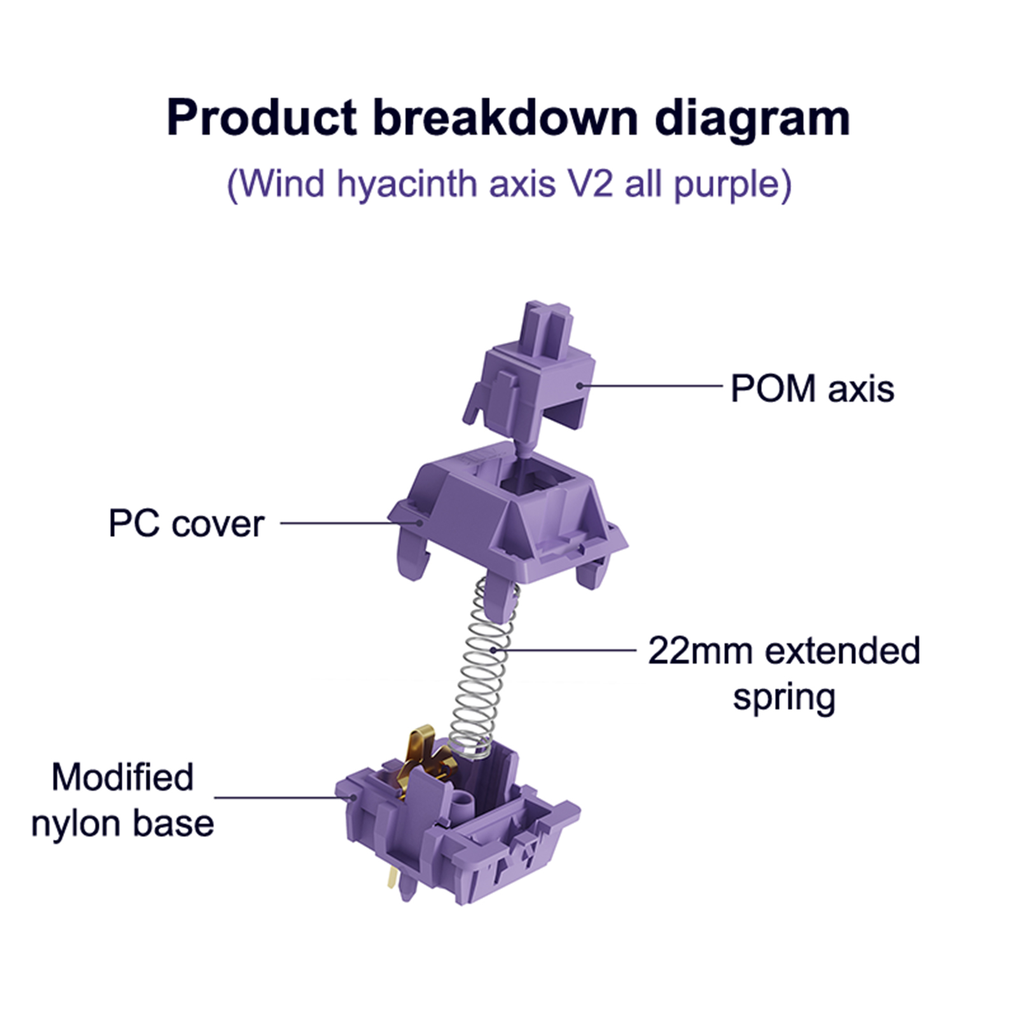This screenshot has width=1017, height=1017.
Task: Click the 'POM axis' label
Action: tap(812, 388)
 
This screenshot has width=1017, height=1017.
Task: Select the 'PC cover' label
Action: tap(186, 524)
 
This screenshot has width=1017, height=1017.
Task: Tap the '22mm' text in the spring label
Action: tap(699, 651)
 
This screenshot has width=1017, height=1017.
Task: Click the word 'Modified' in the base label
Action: tap(123, 777)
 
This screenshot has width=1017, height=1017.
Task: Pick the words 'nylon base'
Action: tap(123, 824)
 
